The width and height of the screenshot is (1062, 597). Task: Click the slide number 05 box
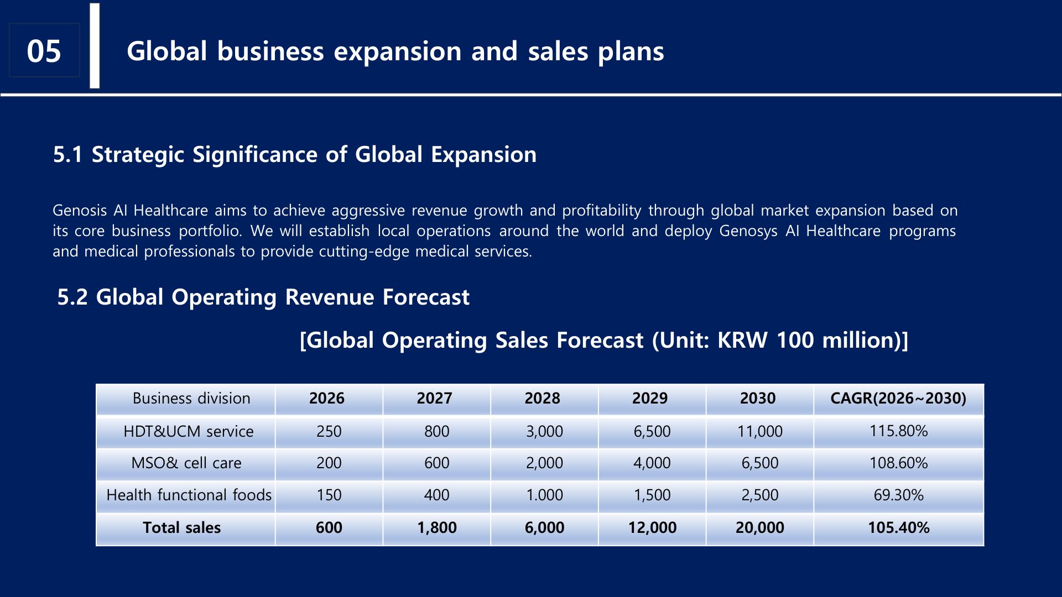coord(44,51)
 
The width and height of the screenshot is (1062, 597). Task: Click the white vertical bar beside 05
coord(95,46)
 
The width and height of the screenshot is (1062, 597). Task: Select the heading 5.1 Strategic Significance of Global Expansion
coord(294,155)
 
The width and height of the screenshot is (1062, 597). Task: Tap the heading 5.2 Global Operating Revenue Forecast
coord(263,297)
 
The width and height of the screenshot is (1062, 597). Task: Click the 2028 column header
coord(542,399)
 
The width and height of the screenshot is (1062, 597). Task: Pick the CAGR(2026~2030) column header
coord(898,399)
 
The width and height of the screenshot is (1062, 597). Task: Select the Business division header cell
coord(191,399)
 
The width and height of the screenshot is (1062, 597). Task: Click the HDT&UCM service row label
coord(188,431)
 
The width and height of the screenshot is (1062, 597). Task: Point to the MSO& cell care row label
coord(186,463)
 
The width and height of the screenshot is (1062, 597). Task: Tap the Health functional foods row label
coord(189,495)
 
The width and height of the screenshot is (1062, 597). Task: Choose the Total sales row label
coord(181,528)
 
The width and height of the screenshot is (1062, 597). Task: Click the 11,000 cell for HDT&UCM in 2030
coord(759,431)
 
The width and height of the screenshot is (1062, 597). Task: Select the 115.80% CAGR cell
coord(898,431)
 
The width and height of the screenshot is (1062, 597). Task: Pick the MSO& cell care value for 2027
coord(436,463)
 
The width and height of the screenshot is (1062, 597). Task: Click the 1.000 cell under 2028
coord(544,495)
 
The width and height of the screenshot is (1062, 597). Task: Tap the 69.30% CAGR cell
coord(898,495)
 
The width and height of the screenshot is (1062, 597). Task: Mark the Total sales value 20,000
coord(759,528)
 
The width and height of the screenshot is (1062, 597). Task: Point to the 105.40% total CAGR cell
coord(898,528)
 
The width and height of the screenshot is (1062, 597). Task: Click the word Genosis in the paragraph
coord(80,211)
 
